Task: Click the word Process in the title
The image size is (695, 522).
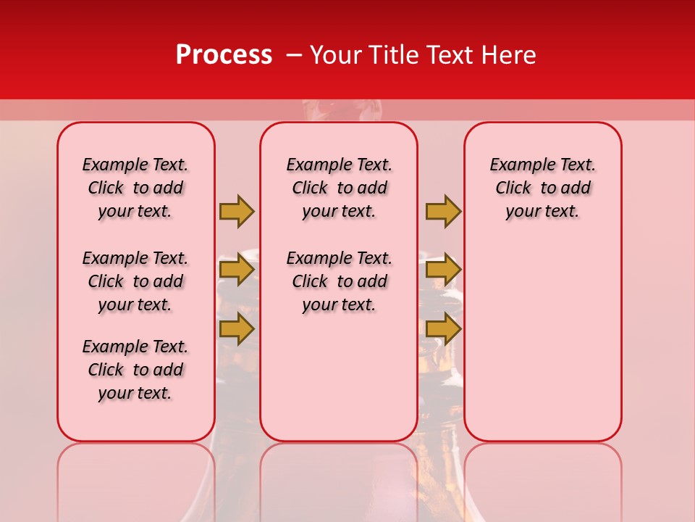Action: [224, 55]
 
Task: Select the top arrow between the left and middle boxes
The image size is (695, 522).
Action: [237, 211]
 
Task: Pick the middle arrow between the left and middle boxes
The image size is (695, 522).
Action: [237, 270]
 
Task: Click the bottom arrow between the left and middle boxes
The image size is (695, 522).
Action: [237, 329]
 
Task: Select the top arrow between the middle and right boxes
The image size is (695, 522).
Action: [443, 211]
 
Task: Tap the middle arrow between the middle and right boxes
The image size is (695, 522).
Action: [443, 270]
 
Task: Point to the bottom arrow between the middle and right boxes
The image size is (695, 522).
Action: [443, 329]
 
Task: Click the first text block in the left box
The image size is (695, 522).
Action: [135, 188]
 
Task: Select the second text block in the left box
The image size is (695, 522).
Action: [135, 281]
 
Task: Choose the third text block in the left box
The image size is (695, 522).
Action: [135, 370]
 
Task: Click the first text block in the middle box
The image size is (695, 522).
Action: [339, 188]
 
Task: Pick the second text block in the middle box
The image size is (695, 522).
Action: [339, 281]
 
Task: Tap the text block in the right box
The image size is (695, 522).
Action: [542, 188]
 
